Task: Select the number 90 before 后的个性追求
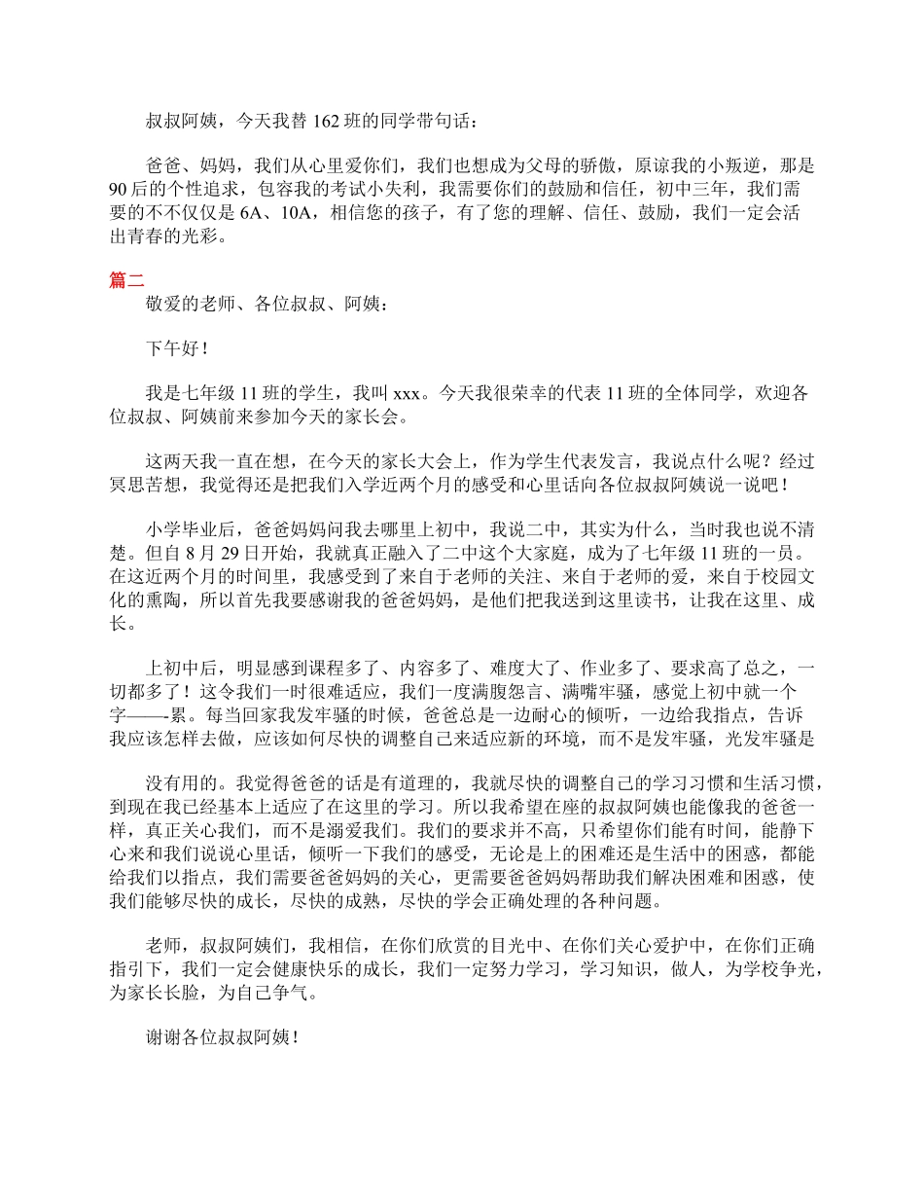coord(120,188)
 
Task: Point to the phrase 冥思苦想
coord(144,485)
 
